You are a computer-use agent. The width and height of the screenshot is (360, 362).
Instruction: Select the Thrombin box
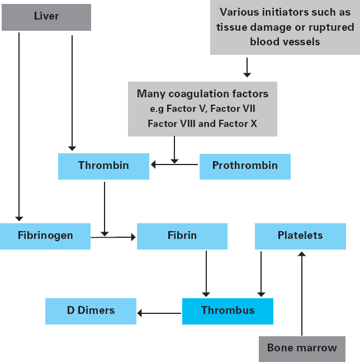click(x=103, y=166)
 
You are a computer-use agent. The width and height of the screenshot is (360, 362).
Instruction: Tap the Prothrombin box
click(x=245, y=166)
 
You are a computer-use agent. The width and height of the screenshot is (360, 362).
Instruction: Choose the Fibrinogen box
click(x=45, y=236)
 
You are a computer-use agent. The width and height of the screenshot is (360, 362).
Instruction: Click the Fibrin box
click(x=182, y=236)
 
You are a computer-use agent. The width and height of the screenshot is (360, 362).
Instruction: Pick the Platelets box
click(x=300, y=236)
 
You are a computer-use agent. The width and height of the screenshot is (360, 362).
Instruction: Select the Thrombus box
click(x=228, y=311)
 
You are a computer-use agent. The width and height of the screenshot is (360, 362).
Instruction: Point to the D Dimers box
click(x=91, y=311)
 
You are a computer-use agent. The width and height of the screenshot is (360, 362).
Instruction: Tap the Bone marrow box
click(x=302, y=348)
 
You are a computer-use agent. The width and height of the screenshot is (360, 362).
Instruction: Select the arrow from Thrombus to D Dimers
click(x=159, y=313)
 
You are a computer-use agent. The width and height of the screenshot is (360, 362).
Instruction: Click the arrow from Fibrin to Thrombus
click(x=206, y=274)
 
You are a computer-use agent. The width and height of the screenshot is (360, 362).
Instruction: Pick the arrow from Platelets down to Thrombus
click(x=260, y=274)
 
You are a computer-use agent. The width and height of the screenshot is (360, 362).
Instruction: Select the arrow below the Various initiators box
click(x=247, y=67)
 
